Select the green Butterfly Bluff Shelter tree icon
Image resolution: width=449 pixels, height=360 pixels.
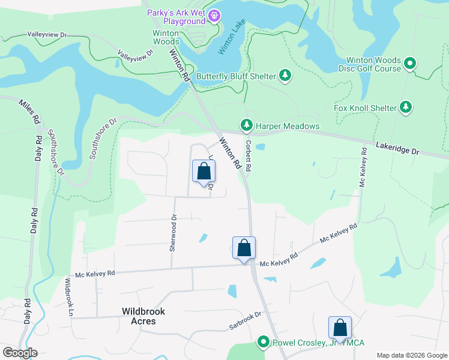[286, 76]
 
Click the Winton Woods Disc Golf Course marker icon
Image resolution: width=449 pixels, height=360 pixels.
[410, 63]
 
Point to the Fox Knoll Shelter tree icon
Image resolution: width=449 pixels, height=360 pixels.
[406, 108]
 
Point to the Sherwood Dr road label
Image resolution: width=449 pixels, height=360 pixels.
[173, 233]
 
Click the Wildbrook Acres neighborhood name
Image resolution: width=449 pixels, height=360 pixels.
[143, 316]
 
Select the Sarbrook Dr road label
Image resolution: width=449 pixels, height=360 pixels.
[245, 321]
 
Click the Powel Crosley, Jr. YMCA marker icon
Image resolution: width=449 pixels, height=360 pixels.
[263, 342]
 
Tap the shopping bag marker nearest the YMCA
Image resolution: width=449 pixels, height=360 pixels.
[340, 328]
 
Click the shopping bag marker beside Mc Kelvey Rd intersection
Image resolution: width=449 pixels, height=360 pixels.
[244, 248]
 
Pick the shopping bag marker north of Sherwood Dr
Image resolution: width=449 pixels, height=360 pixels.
[203, 171]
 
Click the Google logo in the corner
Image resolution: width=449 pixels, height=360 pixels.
[20, 353]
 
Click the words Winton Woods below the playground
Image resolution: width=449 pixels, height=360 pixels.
[157, 37]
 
